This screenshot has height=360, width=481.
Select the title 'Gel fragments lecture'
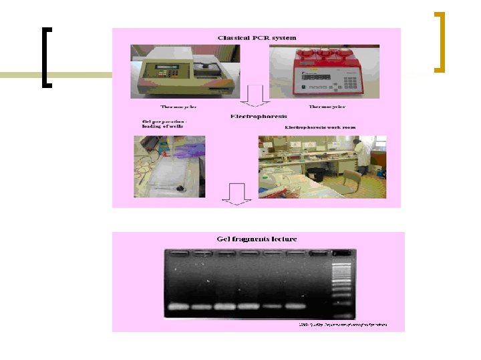pos(257,239)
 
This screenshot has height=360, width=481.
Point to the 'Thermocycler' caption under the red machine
pos(327,107)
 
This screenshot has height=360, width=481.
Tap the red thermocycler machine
pos(323,72)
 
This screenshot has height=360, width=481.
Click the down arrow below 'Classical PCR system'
pos(255,96)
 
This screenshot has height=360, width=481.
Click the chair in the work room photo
pos(351,181)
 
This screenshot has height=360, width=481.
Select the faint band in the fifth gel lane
pos(271,307)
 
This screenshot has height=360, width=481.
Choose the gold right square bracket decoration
pos(439,41)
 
